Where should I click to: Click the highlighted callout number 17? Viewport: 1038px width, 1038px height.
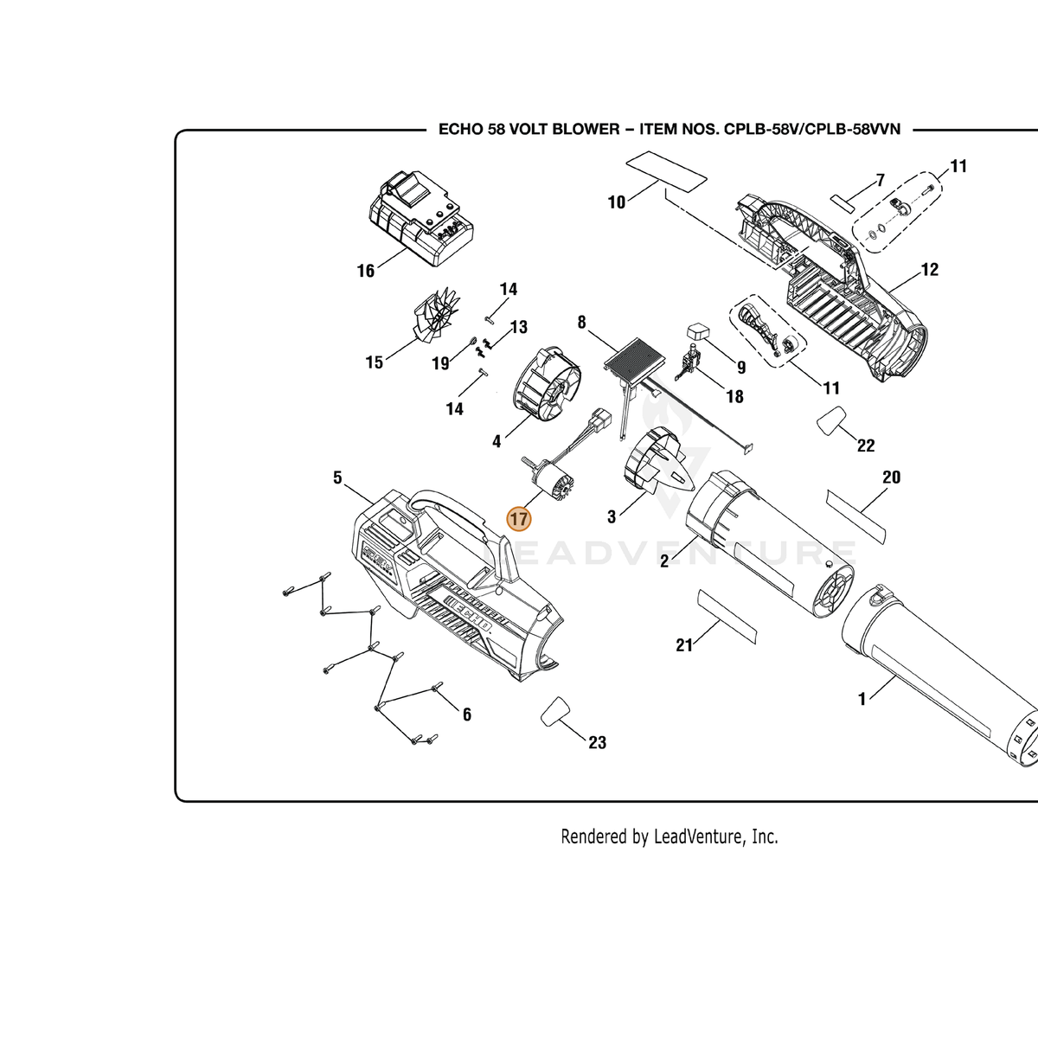[x=519, y=519]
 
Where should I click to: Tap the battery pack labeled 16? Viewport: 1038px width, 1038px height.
[x=422, y=219]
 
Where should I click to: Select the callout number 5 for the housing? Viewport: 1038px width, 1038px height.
[x=337, y=477]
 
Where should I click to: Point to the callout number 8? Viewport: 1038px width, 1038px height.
[x=581, y=322]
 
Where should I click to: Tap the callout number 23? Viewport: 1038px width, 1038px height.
[x=598, y=742]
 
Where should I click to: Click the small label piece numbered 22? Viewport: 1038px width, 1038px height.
[x=831, y=420]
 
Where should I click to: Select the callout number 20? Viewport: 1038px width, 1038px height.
[x=892, y=477]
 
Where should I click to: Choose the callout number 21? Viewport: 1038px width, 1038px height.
[x=684, y=644]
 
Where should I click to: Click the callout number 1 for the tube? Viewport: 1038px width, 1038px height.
[x=862, y=699]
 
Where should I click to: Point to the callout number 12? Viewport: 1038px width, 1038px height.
[x=930, y=269]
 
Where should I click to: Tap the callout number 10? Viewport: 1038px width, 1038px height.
[x=617, y=202]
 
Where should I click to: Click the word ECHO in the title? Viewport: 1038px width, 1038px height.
[x=460, y=129]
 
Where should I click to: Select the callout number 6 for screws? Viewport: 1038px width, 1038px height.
[x=466, y=714]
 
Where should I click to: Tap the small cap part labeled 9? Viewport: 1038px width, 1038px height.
[x=698, y=330]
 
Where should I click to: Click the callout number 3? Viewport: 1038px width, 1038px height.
[x=612, y=517]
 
